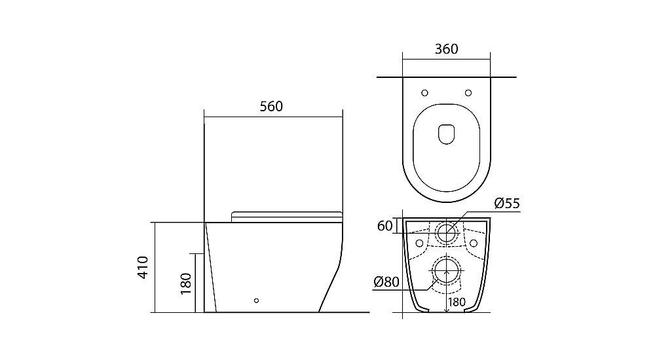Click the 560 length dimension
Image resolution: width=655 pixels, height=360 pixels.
coord(271,107)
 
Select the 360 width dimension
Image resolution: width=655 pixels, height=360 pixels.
coord(446,49)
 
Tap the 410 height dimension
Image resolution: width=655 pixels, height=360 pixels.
coord(143,267)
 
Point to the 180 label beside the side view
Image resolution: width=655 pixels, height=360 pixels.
coord(185,283)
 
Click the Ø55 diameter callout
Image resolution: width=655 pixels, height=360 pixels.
coord(507,204)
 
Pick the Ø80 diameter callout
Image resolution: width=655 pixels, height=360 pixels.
coord(386,282)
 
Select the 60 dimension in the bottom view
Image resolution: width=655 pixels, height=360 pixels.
coord(384,226)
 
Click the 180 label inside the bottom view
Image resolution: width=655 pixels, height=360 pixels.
coord(457,302)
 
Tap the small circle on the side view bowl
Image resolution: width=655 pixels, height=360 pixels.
coord(256,300)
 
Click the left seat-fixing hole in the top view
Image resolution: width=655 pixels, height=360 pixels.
coord(424,93)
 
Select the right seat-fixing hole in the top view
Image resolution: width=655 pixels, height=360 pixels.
coord(468,93)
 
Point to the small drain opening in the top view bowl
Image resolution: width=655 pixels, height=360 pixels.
coord(447,134)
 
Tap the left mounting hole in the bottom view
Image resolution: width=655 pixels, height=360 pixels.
coord(420,243)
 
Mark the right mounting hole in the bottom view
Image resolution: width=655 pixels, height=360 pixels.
coord(474,243)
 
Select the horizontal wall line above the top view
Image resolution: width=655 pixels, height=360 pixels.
coord(446,77)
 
